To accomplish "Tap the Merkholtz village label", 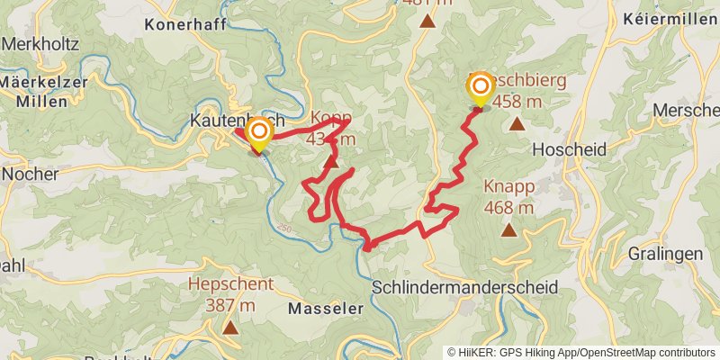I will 38,43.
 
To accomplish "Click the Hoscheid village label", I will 569,149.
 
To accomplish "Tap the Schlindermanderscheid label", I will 464,287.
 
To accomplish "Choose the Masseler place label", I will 325,308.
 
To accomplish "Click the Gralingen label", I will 665,254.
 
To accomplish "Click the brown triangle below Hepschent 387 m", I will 230,328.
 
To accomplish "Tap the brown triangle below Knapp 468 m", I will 509,230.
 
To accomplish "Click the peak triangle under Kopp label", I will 332,162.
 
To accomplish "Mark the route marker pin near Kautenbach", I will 259,135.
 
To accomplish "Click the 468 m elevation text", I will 509,208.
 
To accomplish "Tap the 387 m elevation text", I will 230,306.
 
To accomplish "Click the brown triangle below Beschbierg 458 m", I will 517,123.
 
